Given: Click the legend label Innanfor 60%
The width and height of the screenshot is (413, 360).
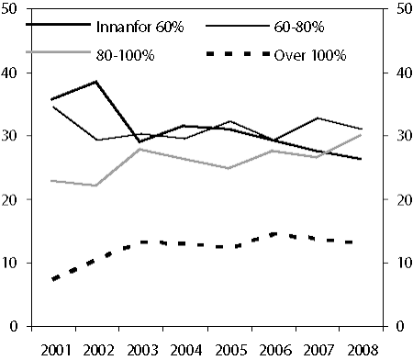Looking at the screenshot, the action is (x=140, y=28).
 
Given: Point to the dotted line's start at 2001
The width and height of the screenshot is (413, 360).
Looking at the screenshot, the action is (x=52, y=279).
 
